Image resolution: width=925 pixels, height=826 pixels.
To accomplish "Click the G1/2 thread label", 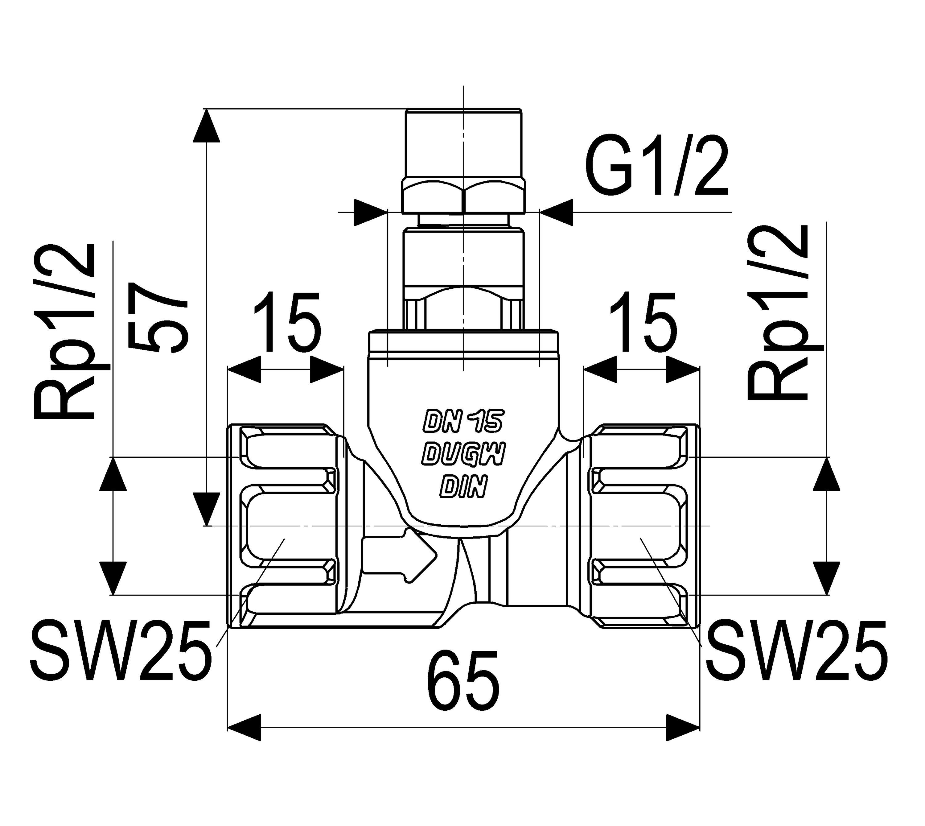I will click(657, 166).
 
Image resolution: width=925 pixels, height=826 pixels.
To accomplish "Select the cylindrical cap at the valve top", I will click(464, 143).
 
